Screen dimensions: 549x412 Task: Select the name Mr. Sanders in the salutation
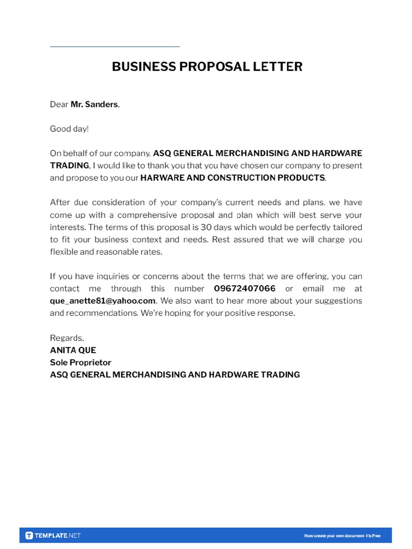(x=94, y=105)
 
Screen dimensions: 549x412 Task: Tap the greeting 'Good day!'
(x=69, y=129)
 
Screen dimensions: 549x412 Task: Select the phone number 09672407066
(x=245, y=289)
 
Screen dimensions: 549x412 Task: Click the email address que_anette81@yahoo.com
(x=102, y=301)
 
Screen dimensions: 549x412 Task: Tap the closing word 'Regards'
(x=67, y=338)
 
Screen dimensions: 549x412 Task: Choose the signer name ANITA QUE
(x=73, y=351)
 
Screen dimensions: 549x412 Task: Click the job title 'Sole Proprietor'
(x=80, y=363)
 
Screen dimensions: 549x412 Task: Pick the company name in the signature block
(x=175, y=375)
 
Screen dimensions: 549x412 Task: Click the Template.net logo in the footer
(x=53, y=536)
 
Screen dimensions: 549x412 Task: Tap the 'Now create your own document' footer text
(x=342, y=536)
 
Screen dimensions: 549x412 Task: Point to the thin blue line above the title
(x=115, y=47)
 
